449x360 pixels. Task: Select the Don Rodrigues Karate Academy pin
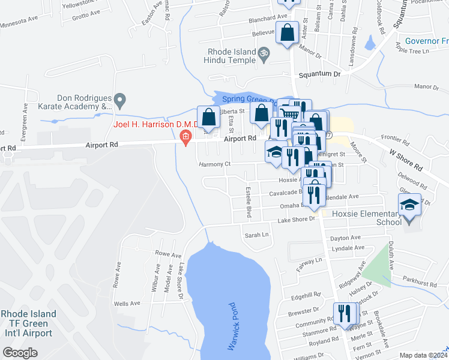[x=120, y=99]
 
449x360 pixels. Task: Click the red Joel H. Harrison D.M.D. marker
[x=186, y=137]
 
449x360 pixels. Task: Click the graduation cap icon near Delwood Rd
[x=410, y=205]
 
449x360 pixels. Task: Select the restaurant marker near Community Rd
[x=345, y=314]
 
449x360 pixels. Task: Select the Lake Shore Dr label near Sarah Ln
[x=296, y=220]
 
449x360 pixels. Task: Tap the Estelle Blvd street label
[x=247, y=203]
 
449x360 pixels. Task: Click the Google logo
[x=20, y=353]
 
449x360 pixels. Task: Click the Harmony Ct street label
[x=215, y=164]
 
